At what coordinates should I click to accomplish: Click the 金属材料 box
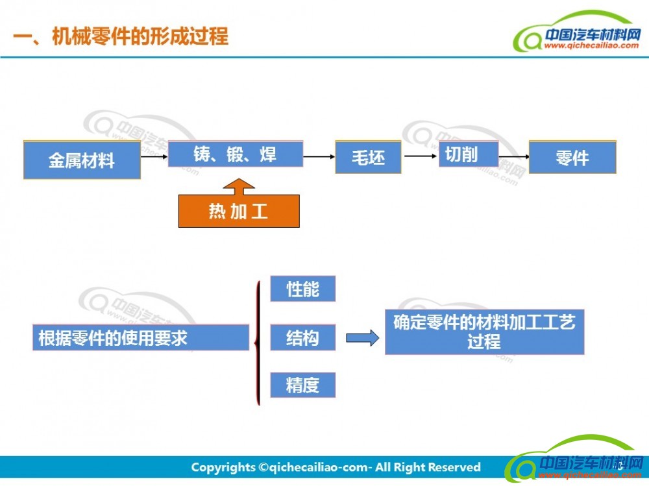click(x=82, y=159)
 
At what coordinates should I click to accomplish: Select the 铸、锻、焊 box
click(x=235, y=154)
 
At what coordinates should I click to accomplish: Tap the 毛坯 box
click(x=368, y=157)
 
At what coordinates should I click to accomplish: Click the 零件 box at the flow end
click(x=572, y=157)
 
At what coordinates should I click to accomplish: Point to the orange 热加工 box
click(x=239, y=211)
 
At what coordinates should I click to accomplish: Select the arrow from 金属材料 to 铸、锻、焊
click(x=154, y=156)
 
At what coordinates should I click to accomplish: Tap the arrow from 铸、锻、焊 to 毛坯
click(x=319, y=156)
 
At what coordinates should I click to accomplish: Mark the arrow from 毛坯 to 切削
click(x=420, y=156)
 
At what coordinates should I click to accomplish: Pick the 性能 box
click(x=302, y=289)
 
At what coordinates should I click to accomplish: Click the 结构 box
click(x=302, y=337)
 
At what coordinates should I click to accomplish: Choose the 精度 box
click(x=302, y=385)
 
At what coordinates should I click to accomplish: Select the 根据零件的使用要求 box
click(x=141, y=337)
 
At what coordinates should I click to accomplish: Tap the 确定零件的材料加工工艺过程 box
click(x=484, y=332)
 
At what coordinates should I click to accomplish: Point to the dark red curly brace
click(x=258, y=341)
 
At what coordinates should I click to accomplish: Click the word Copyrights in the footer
click(x=223, y=467)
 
